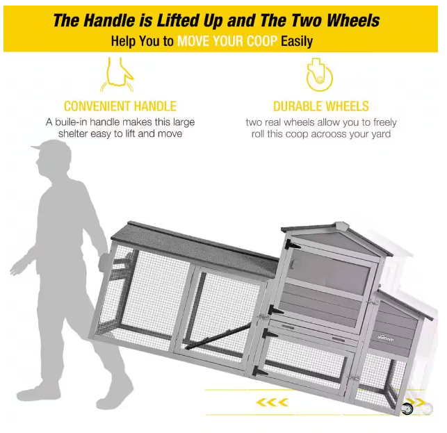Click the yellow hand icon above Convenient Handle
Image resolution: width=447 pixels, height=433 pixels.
(117, 74)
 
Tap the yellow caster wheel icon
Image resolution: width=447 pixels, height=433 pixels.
(319, 75)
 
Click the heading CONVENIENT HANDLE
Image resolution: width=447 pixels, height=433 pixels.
(120, 106)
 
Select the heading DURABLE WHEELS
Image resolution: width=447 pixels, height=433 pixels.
(321, 106)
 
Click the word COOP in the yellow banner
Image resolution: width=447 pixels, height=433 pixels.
(263, 41)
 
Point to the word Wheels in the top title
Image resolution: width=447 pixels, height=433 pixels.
(352, 21)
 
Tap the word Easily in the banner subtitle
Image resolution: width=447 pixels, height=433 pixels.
(297, 42)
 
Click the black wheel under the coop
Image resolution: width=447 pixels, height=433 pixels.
(407, 409)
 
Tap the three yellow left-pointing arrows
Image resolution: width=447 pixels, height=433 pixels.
(272, 402)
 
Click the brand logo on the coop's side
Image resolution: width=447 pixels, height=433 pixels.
(386, 338)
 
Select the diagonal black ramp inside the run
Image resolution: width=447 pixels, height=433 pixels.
(218, 336)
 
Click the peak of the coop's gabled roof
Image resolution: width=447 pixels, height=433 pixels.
(341, 224)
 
